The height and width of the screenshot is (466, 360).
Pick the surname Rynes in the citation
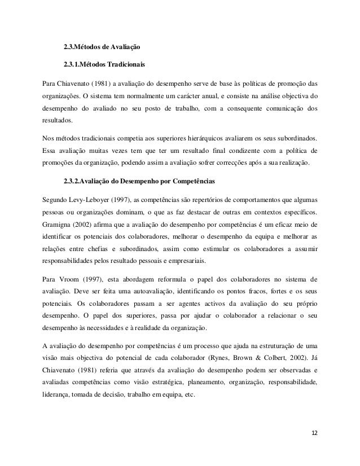click(x=227, y=358)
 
